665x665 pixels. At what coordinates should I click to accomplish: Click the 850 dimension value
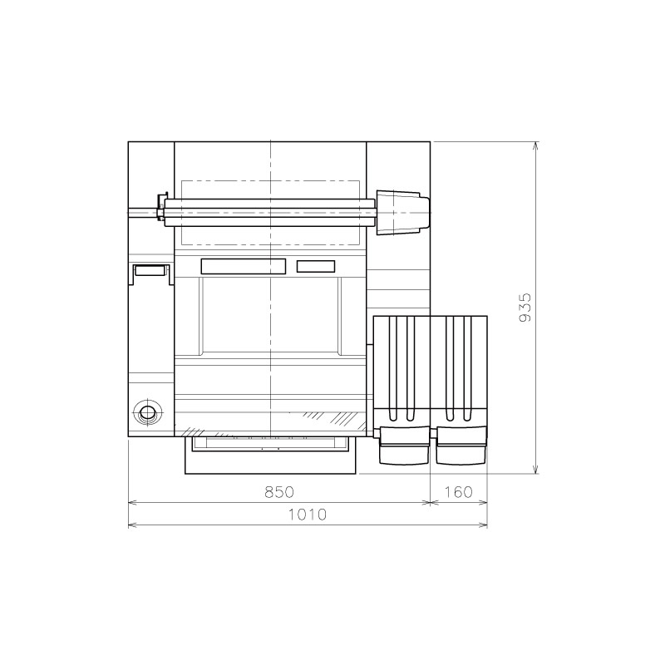point(279,492)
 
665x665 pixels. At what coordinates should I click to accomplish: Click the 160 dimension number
point(458,492)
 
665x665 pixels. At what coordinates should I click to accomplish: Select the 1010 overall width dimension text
point(307,515)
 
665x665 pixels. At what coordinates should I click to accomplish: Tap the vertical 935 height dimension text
point(525,308)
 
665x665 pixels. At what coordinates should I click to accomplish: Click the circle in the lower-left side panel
point(148,412)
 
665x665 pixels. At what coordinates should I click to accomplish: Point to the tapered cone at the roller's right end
point(403,212)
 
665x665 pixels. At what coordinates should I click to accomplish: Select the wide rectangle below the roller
point(243,266)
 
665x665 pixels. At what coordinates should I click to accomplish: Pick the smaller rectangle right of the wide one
point(316,266)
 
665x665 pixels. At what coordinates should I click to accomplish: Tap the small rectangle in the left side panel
point(150,270)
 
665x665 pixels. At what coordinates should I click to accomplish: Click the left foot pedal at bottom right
point(403,449)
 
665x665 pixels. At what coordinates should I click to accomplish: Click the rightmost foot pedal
point(461,449)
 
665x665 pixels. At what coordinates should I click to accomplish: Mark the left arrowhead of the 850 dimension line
point(132,502)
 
